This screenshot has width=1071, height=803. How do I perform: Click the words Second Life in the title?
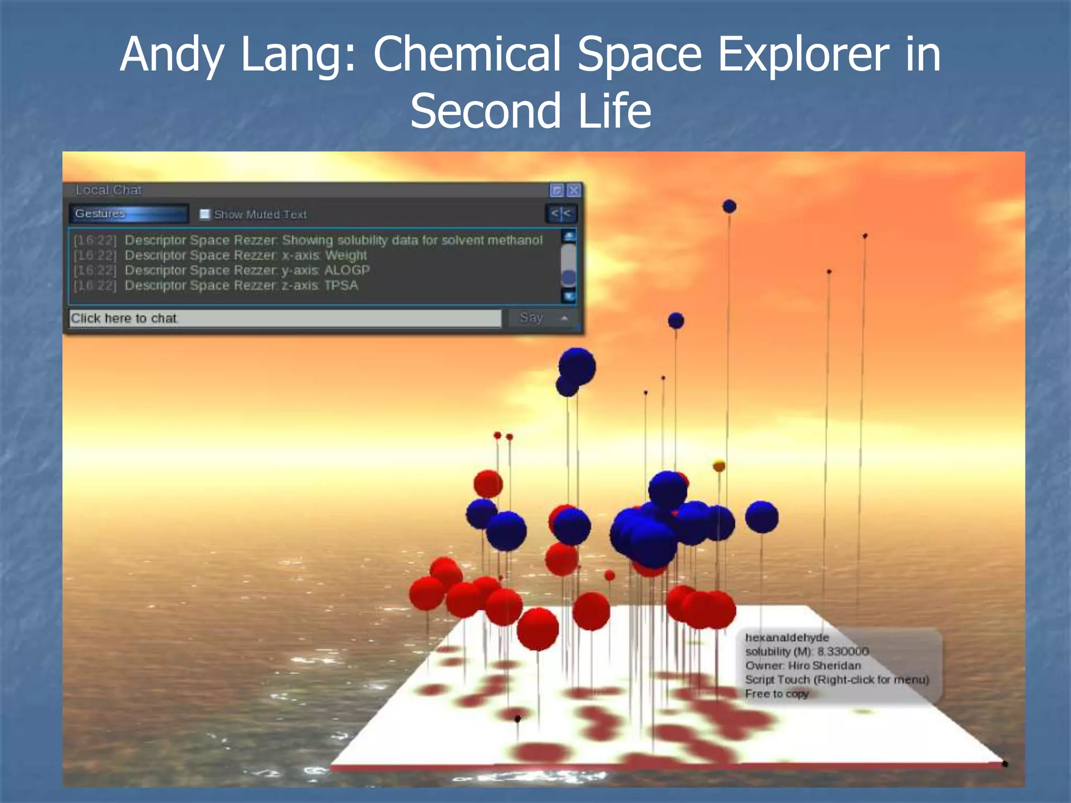530,111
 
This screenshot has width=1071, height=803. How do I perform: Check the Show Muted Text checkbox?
205,214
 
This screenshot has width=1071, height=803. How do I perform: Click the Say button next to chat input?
531,318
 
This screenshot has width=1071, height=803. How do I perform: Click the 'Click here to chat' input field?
285,318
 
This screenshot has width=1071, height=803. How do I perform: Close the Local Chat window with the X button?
574,190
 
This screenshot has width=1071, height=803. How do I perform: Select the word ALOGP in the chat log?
347,270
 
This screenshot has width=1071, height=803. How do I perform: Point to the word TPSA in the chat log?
341,285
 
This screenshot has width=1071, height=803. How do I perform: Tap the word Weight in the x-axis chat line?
346,256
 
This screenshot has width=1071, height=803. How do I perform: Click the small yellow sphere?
719,465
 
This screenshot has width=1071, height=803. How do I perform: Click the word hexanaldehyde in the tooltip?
787,638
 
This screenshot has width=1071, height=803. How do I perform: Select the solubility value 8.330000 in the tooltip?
843,651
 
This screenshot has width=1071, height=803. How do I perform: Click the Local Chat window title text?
108,190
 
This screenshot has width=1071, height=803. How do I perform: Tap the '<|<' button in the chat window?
561,214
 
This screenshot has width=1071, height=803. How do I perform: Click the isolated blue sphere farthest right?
761,517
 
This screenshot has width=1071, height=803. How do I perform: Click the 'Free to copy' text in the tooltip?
777,694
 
